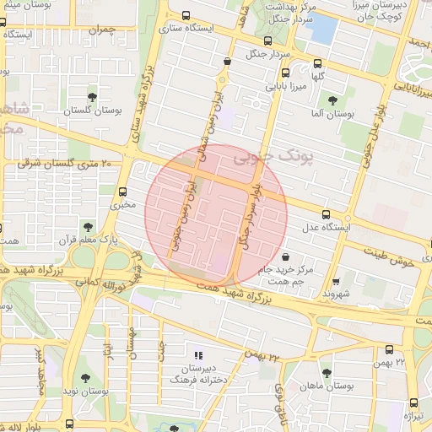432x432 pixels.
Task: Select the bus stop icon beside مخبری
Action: (x=124, y=191)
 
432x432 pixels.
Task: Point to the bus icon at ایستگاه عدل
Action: (x=327, y=213)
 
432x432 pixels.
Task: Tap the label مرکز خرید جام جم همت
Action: (x=309, y=274)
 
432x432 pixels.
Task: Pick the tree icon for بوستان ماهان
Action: (x=327, y=372)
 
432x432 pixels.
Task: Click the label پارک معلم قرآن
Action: (x=86, y=240)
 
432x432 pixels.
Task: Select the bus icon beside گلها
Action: (x=317, y=62)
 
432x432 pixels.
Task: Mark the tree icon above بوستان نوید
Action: (x=85, y=377)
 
